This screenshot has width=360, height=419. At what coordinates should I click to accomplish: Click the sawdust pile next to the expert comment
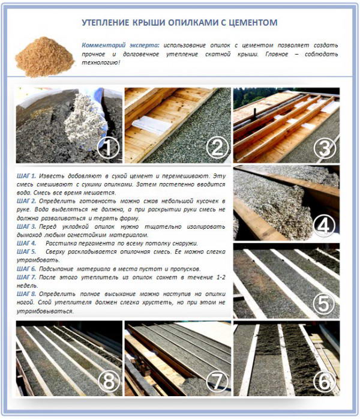click(x=44, y=56)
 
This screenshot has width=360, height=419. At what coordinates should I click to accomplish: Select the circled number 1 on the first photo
click(x=108, y=146)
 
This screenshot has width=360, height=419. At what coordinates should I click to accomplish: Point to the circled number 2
click(x=217, y=147)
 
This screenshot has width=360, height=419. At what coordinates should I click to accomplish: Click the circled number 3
click(x=325, y=148)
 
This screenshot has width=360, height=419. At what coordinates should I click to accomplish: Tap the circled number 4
click(x=323, y=226)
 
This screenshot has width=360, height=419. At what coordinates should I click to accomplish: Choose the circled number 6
click(x=325, y=382)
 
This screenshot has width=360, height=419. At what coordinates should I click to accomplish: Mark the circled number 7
click(x=217, y=381)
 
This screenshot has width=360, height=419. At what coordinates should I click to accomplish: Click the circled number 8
click(x=109, y=381)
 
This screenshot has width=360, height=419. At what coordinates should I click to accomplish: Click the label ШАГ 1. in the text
click(x=26, y=176)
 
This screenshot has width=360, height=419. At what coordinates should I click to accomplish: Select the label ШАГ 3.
click(x=26, y=226)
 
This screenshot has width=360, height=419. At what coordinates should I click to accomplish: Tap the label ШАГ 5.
click(x=26, y=252)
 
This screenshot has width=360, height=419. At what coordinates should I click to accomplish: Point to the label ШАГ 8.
click(x=26, y=294)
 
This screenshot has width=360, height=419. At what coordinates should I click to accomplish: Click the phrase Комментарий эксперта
click(x=121, y=46)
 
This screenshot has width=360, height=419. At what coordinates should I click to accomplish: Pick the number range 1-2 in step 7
click(x=220, y=277)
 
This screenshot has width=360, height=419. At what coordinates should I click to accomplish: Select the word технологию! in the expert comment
click(x=101, y=63)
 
